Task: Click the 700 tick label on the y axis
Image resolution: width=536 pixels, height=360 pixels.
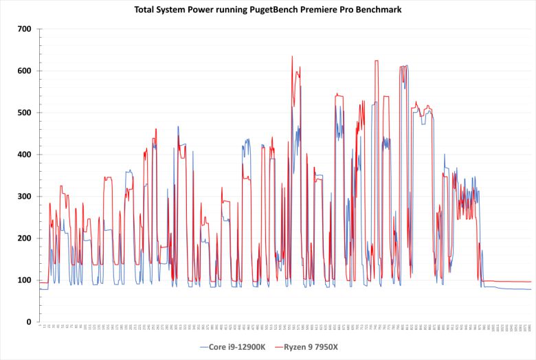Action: tap(25, 29)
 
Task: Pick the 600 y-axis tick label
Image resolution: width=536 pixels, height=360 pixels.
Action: tap(25, 71)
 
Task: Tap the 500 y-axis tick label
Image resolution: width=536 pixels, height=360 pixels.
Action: tap(25, 113)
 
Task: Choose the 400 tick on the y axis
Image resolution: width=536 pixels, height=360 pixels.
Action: tap(25, 155)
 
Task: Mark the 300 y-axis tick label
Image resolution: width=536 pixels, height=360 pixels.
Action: tap(25, 196)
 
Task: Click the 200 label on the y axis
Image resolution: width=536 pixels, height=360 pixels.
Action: tap(25, 238)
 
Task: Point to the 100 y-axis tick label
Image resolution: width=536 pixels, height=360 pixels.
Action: tap(25, 280)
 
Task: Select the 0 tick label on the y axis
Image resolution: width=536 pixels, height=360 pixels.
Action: tap(28, 322)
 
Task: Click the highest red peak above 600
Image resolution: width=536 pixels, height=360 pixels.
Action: tap(292, 57)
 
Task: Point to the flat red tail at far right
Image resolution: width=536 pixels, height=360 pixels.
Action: tap(509, 282)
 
